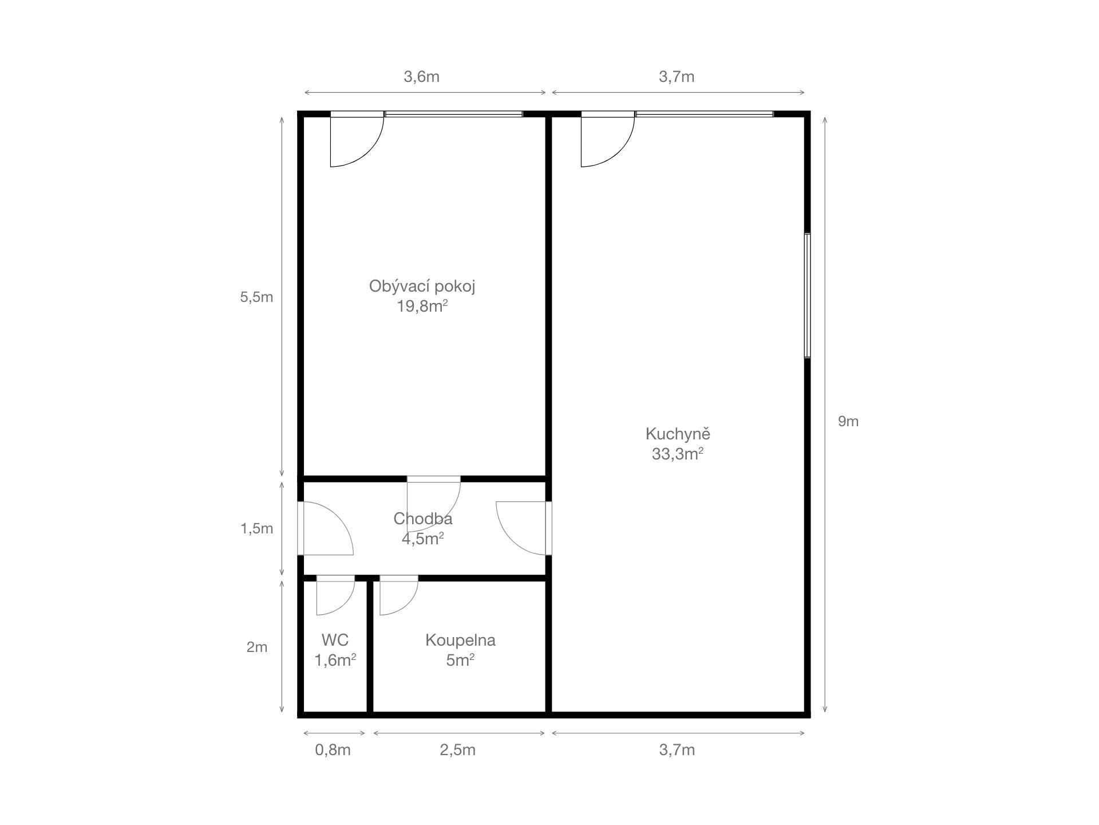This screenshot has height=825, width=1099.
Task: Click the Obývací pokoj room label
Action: pos(422,286)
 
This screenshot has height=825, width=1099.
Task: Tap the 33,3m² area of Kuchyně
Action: pos(677,454)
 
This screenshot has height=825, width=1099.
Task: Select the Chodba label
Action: pos(422,519)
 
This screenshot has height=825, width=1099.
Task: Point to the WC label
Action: pos(335,640)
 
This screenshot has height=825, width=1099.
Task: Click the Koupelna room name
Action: pos(460,641)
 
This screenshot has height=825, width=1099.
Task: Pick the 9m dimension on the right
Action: pos(848,422)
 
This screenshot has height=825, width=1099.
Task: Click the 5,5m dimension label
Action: pos(256,297)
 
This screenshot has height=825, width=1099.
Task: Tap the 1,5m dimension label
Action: pos(256,529)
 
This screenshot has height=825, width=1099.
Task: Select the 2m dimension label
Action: pos(256,647)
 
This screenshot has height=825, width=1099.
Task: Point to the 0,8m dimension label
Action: pos(333,750)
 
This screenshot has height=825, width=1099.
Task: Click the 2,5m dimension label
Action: pos(457,750)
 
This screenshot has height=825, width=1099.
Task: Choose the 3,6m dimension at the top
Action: pos(421,77)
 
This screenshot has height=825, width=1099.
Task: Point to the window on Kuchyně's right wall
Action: pos(807,296)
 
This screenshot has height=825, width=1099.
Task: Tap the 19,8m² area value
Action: pos(422,307)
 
